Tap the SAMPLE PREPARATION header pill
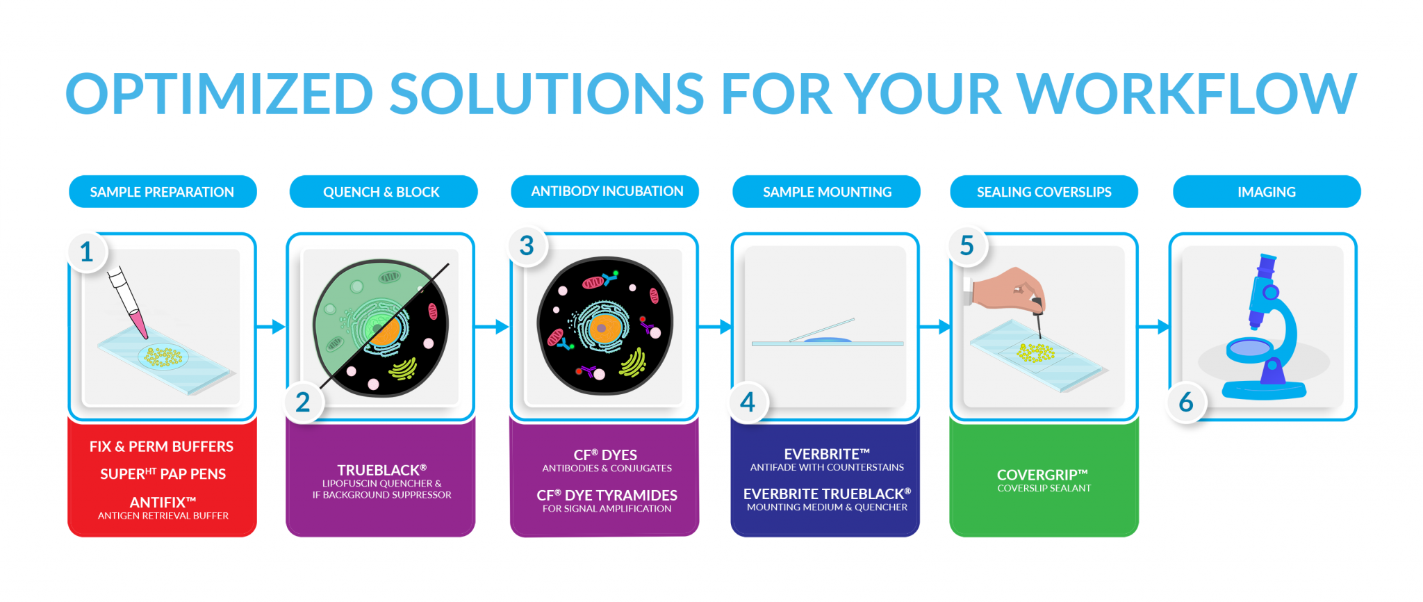[163, 192]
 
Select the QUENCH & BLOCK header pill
[383, 192]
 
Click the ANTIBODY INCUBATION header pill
[605, 191]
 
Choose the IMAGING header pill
[1267, 192]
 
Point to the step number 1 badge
[87, 252]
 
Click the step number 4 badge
[748, 402]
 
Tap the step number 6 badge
[1187, 402]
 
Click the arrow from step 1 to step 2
[271, 326]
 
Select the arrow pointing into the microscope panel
[1153, 326]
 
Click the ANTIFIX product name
[163, 502]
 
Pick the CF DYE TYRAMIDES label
[607, 495]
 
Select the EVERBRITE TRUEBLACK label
[827, 494]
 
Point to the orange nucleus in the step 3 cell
[603, 327]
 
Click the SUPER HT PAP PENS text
[163, 474]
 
